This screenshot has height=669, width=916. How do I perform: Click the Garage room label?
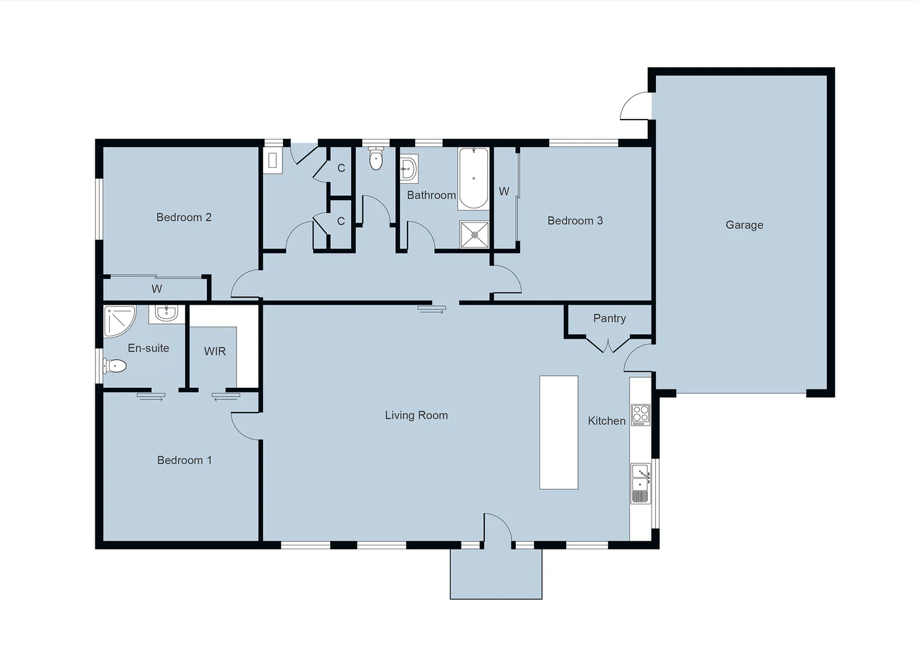744,225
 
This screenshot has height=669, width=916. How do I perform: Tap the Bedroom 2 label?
183,217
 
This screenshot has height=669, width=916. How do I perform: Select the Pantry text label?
609,318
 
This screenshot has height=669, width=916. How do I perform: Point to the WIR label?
215,351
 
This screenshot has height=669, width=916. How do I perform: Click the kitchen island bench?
558,432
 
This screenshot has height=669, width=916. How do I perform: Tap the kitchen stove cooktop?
640,414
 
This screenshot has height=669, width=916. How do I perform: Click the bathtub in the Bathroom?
474,178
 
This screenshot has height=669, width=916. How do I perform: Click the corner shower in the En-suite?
118,321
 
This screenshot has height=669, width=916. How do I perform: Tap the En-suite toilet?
115,366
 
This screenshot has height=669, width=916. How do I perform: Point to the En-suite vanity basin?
166,314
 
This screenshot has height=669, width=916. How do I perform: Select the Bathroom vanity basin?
408,168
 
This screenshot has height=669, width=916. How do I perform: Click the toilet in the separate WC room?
375,159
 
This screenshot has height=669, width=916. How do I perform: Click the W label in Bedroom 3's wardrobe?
504,191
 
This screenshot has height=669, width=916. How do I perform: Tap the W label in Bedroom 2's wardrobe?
157,289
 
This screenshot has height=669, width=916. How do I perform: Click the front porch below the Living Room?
495,574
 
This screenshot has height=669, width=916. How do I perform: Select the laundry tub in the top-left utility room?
273,161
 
